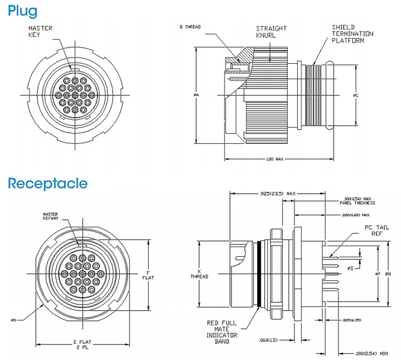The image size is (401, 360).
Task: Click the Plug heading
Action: (x=23, y=10)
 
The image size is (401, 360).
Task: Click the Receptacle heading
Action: (x=47, y=184)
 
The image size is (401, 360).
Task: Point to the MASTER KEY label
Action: (x=40, y=32)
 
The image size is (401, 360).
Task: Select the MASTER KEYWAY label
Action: (x=53, y=217)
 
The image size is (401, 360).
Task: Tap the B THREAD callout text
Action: (x=189, y=26)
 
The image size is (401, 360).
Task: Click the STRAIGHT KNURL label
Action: (x=271, y=32)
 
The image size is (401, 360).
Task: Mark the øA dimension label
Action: (x=196, y=95)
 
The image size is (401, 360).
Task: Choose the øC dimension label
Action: (x=355, y=95)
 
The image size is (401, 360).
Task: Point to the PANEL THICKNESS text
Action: (x=357, y=203)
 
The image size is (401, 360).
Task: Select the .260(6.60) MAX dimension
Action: (x=355, y=216)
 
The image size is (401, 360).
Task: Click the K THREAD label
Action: (x=198, y=273)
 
